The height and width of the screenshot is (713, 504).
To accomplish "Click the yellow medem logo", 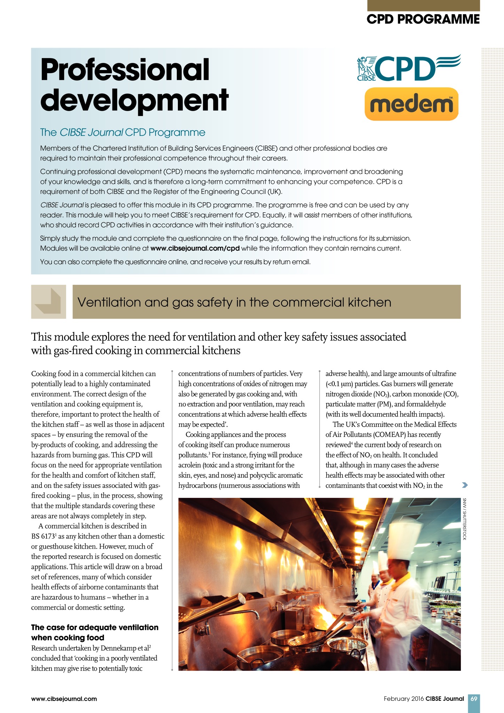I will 411,104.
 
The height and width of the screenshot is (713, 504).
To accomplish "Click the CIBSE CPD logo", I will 409,68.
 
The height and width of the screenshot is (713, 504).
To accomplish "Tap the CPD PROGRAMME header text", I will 423,19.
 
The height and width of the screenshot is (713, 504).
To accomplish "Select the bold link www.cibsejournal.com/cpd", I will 195,249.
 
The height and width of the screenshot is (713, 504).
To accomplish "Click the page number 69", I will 474,699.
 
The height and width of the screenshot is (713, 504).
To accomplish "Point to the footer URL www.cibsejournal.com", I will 64,699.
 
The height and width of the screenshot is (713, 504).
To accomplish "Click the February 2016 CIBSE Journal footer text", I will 424,699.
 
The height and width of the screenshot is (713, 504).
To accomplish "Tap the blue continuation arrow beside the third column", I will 464,485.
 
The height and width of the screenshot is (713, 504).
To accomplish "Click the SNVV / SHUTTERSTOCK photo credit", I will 464,519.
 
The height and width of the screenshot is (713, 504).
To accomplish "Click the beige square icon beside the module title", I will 48,301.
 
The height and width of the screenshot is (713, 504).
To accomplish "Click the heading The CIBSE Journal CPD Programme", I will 123,133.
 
